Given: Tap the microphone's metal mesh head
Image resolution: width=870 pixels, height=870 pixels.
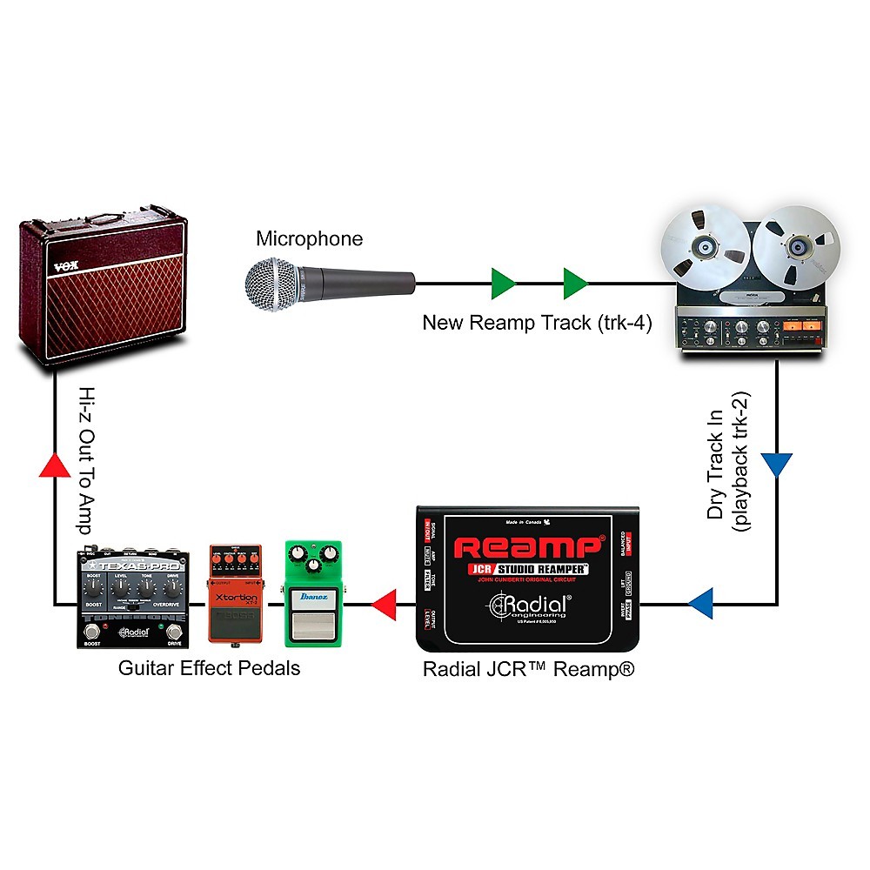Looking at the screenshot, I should pyautogui.click(x=271, y=284).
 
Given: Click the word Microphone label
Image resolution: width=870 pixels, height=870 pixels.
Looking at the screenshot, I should pyautogui.click(x=309, y=238).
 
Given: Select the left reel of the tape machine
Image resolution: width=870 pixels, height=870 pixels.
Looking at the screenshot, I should pyautogui.click(x=706, y=248).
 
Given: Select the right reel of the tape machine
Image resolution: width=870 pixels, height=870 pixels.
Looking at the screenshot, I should pyautogui.click(x=796, y=248).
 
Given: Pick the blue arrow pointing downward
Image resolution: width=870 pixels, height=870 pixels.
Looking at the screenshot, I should pyautogui.click(x=777, y=464).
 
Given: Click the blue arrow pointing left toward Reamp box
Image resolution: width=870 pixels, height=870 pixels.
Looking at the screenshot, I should pyautogui.click(x=701, y=601).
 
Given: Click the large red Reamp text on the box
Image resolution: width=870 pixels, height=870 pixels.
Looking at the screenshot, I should pyautogui.click(x=527, y=547).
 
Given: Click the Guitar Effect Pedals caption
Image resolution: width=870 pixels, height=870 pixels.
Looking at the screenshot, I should pyautogui.click(x=209, y=669).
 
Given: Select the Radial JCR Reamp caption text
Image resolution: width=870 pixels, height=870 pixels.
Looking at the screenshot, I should pyautogui.click(x=529, y=669).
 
